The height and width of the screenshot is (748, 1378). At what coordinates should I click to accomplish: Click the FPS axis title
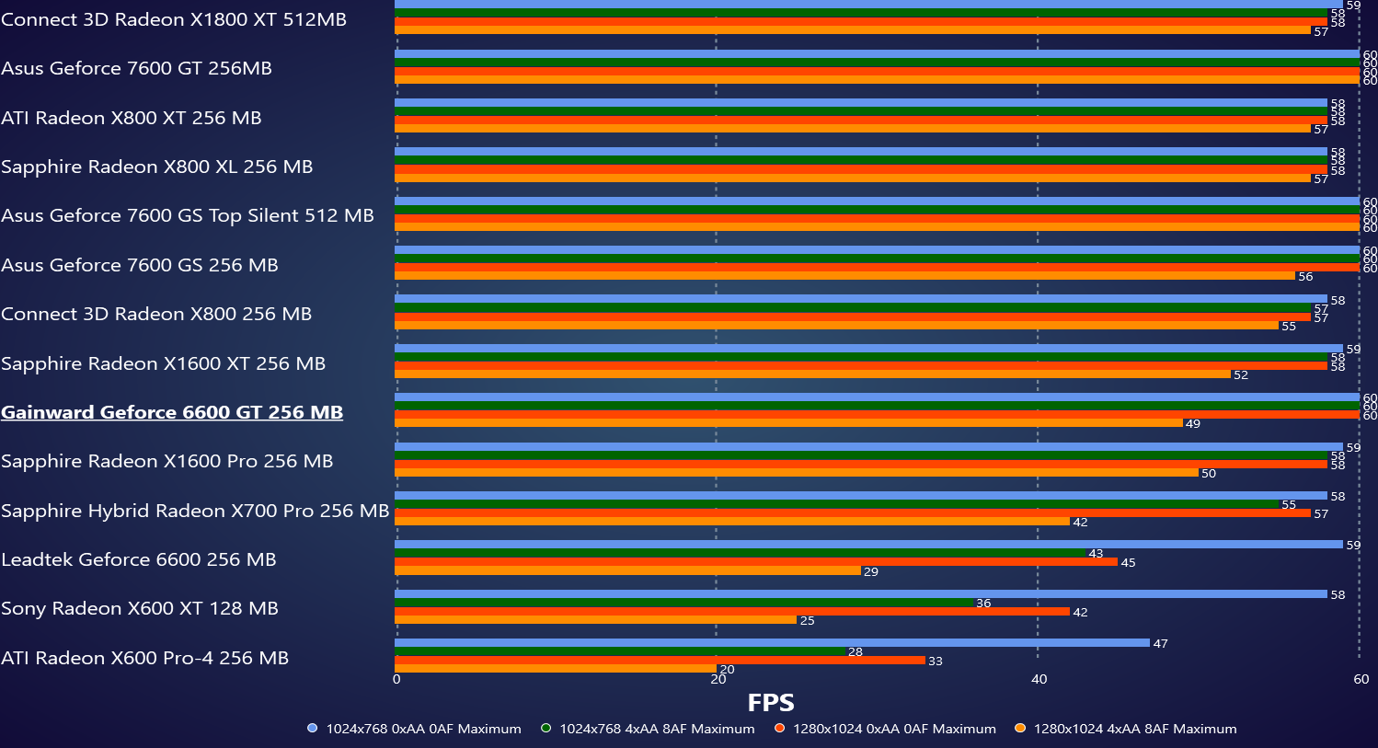(x=770, y=703)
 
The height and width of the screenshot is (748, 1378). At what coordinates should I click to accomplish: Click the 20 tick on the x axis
(x=718, y=680)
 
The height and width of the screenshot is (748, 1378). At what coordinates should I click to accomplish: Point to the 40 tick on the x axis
(x=1039, y=680)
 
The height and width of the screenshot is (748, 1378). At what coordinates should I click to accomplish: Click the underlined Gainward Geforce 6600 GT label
(x=172, y=412)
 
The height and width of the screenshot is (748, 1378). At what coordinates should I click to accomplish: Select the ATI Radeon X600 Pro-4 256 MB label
(x=145, y=658)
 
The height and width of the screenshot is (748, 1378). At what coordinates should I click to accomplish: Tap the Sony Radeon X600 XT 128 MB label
(x=140, y=608)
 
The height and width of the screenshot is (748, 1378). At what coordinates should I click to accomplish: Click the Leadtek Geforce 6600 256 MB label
(x=139, y=559)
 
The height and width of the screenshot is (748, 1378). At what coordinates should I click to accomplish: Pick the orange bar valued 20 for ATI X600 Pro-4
(x=556, y=669)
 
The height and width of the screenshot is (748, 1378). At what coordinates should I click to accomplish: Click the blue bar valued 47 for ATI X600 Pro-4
(x=772, y=642)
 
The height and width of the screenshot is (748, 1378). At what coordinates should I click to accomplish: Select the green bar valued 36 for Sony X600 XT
(x=683, y=603)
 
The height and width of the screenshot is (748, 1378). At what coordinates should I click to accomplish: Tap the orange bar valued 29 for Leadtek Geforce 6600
(x=627, y=570)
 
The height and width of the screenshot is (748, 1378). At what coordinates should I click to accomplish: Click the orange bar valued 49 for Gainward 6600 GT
(x=788, y=423)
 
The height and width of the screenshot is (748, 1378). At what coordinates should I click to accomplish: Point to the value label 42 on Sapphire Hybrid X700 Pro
(x=1080, y=523)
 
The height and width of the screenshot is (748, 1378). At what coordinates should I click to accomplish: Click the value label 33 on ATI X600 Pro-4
(x=936, y=662)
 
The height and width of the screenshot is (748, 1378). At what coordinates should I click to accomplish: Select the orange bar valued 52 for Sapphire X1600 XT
(x=812, y=374)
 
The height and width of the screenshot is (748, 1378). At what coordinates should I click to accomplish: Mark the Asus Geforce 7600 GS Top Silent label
(x=188, y=215)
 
